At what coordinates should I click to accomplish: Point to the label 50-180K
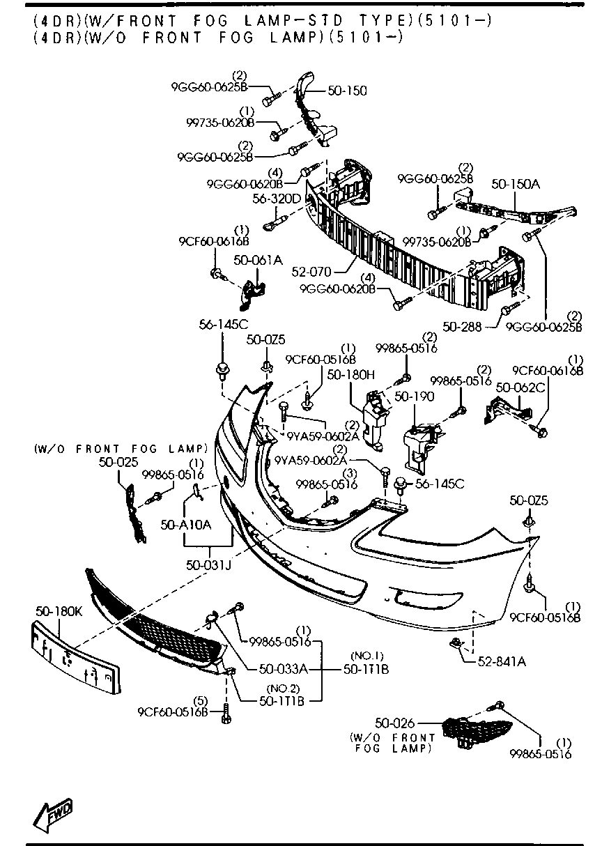[59, 610]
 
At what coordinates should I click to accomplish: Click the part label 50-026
[395, 725]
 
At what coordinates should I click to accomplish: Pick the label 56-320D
[277, 199]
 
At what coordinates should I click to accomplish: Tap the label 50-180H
[351, 374]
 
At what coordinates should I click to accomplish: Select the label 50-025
[118, 461]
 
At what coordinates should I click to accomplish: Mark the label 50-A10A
[185, 525]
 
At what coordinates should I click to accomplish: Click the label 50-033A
[282, 669]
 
